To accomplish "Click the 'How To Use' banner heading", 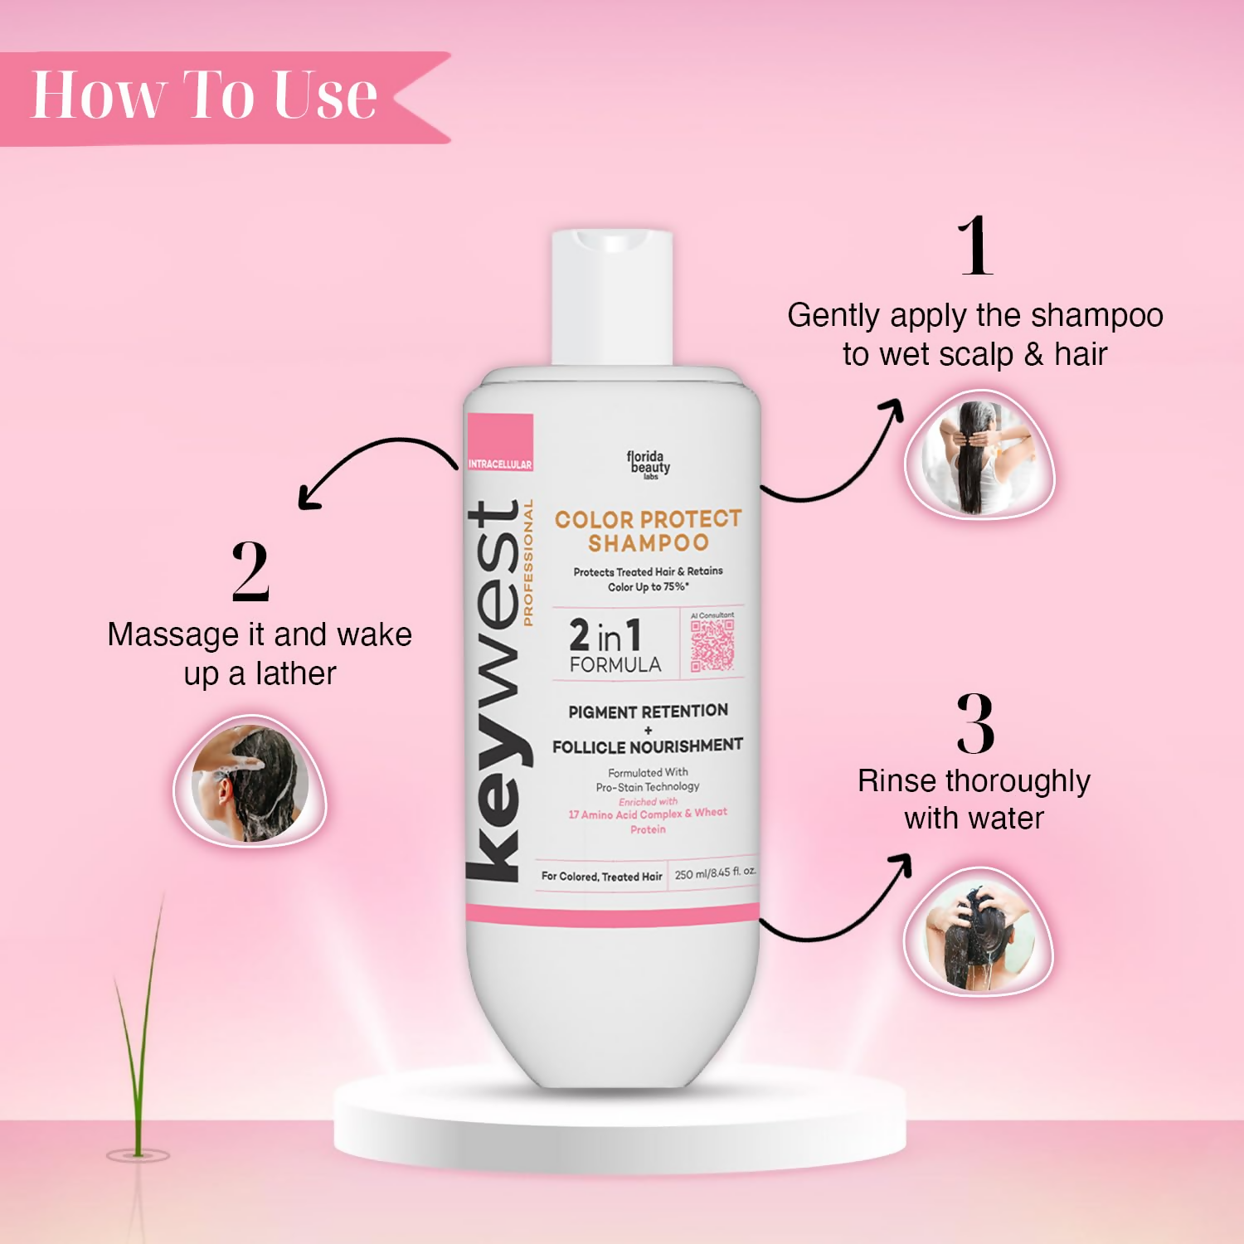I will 204,96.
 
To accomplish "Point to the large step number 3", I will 975,723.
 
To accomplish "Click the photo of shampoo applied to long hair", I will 979,457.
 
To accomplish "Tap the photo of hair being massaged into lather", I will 250,782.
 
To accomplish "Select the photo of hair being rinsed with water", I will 978,932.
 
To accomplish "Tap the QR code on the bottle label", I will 712,645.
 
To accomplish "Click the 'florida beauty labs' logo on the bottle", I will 648,464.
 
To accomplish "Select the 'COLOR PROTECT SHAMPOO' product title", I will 648,531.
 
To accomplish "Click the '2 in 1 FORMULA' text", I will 614,646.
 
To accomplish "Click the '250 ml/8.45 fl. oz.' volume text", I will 715,873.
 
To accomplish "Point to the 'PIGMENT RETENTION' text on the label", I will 648,712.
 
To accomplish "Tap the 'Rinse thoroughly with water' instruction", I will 974,799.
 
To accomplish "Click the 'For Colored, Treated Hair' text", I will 601,877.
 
